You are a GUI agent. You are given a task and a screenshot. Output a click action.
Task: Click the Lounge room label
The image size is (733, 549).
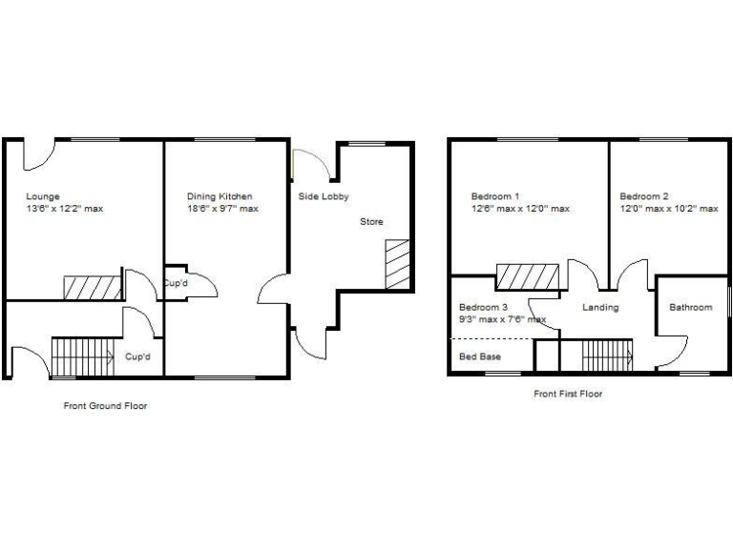42,197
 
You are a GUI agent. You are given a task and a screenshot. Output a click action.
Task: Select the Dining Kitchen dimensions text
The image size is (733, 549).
222,209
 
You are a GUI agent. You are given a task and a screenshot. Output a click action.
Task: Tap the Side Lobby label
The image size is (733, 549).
324,197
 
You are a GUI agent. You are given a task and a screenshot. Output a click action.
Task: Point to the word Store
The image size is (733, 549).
371,222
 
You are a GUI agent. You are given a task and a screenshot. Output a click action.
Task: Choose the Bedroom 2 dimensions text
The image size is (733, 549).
668,209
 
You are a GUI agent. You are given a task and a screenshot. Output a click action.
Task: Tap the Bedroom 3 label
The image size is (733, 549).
483,307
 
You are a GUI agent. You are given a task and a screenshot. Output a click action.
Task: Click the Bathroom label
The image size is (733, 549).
690,307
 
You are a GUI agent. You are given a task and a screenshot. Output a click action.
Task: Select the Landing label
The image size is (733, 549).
600,307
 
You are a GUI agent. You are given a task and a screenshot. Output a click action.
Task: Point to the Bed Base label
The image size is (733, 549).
480,356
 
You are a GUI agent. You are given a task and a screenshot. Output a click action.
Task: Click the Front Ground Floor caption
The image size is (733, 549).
105,406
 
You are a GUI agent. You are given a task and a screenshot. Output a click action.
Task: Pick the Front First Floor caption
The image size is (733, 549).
568,394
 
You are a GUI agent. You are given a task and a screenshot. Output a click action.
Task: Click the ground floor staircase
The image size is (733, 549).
82,356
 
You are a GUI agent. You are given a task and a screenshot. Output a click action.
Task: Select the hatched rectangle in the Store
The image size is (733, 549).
396,264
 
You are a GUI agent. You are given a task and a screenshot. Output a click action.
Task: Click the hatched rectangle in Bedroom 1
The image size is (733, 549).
528,276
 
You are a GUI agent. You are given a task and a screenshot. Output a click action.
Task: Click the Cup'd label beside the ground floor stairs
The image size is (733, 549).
138,356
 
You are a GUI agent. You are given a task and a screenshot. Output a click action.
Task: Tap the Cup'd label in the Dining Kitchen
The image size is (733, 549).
175,283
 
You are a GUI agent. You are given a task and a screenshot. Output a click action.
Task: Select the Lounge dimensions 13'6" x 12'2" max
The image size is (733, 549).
64,209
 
